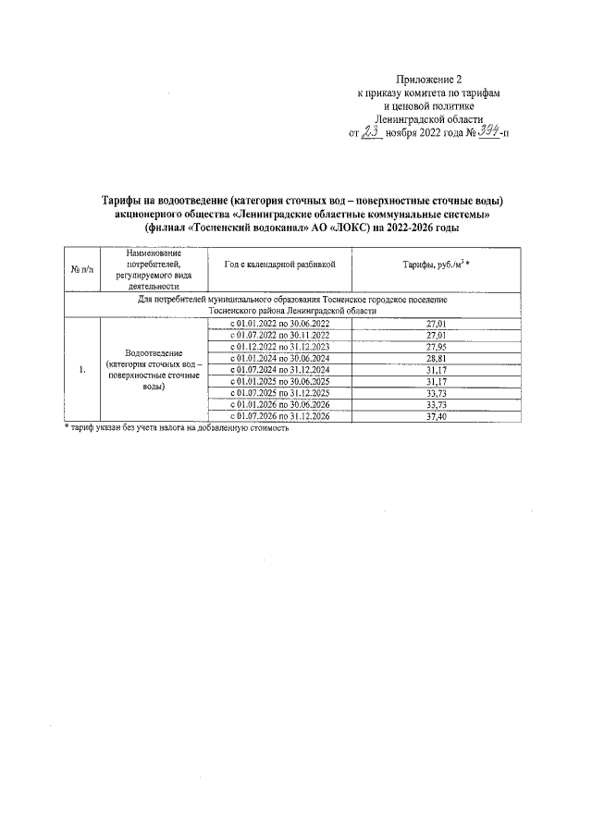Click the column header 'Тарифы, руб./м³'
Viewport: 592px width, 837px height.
click(x=436, y=265)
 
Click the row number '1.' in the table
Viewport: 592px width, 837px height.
click(x=81, y=370)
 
